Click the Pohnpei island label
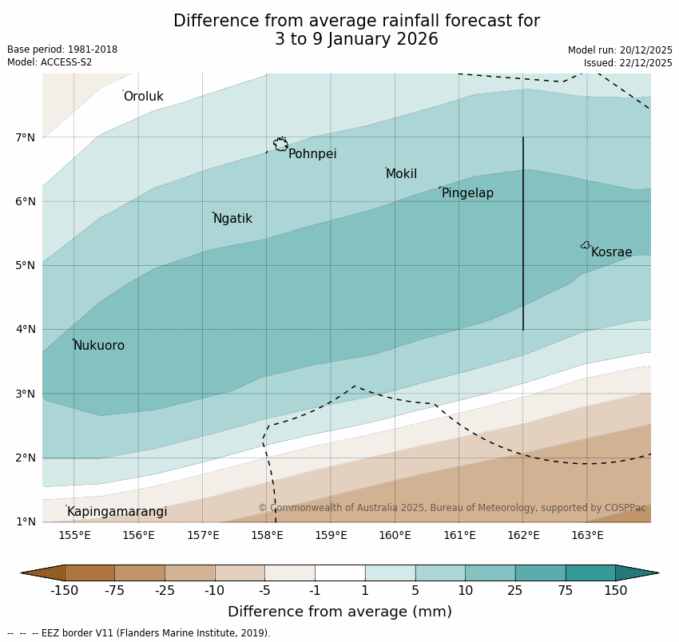(312, 154)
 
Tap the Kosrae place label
(611, 252)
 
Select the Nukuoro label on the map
(99, 346)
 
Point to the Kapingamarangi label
(117, 512)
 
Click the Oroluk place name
(143, 97)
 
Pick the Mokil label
(401, 174)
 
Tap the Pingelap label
(467, 193)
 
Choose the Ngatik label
(232, 219)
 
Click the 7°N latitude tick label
(25, 137)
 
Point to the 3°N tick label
(25, 394)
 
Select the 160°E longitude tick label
(395, 535)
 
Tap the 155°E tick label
(74, 535)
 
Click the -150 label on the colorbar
(64, 591)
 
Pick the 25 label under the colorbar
(515, 591)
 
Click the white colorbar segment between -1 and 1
(339, 573)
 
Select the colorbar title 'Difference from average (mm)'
(339, 612)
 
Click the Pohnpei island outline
(280, 145)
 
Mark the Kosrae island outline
(586, 245)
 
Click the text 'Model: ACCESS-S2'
(50, 62)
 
